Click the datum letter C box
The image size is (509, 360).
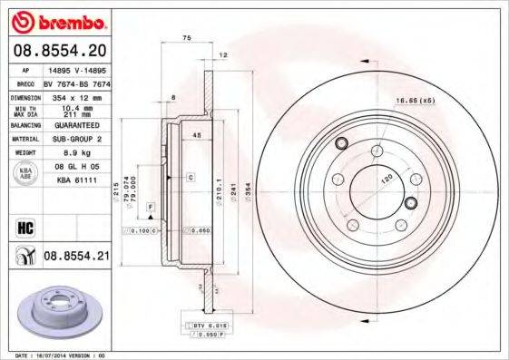click(x=192, y=177)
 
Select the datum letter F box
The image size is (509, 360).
click(x=150, y=208)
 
